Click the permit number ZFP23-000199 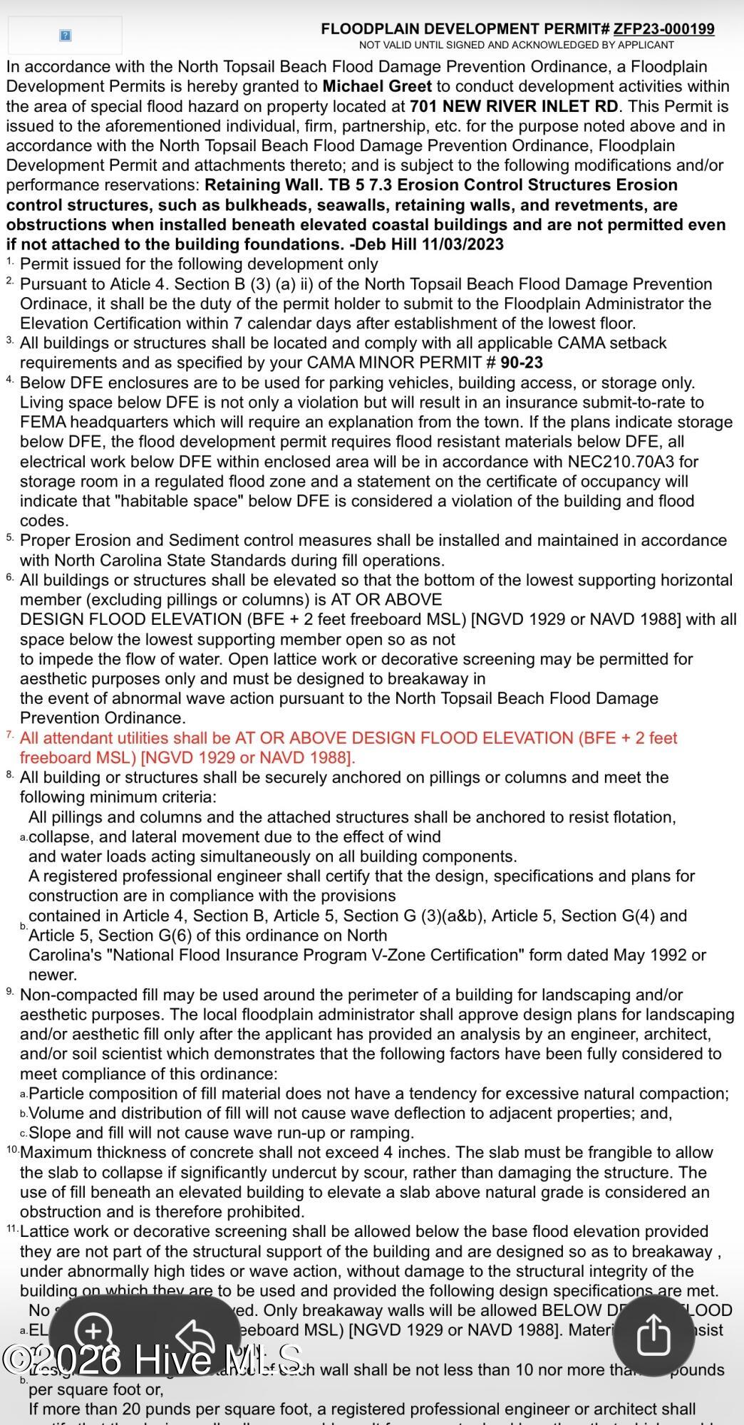click(663, 29)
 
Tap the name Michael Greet click(377, 87)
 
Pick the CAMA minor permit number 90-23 click(522, 363)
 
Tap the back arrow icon click(196, 1335)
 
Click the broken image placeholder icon click(65, 35)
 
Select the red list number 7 click(9, 735)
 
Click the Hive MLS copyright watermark click(153, 1359)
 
